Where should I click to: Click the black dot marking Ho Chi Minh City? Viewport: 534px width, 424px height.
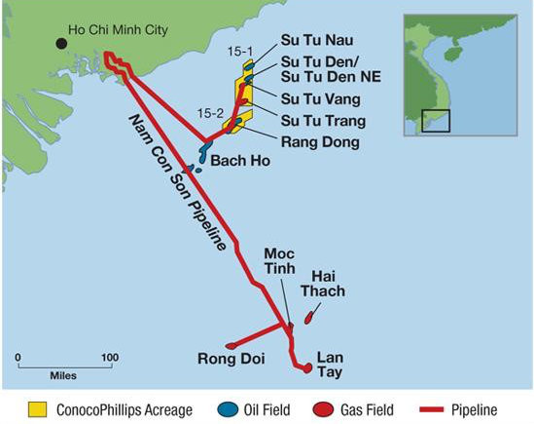60,43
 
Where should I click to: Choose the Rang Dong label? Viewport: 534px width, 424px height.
320,142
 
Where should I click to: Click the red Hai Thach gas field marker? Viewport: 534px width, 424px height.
310,317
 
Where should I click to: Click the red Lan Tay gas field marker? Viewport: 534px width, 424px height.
307,367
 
